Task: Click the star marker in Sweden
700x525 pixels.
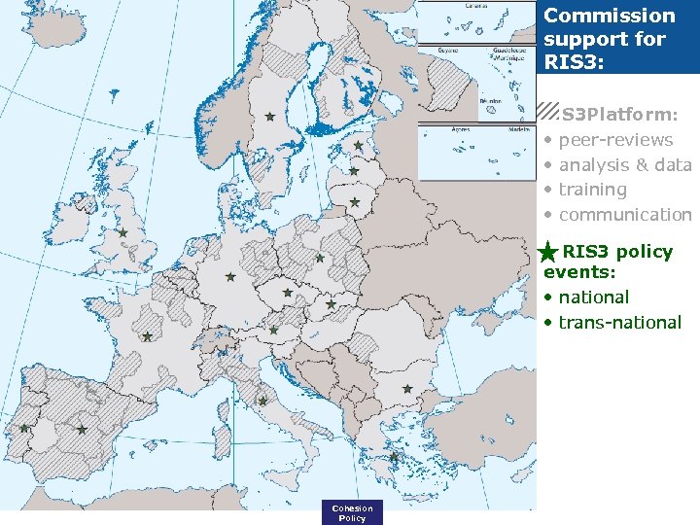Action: [x=270, y=117]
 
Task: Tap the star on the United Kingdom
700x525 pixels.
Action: [x=122, y=233]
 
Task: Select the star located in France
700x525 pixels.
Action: [x=147, y=337]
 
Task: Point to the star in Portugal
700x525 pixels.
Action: [x=24, y=428]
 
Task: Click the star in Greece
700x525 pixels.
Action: [x=394, y=457]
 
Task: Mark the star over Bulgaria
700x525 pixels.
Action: [x=406, y=389]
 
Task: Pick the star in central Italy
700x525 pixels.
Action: [x=262, y=401]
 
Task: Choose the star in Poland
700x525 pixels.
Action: [x=320, y=258]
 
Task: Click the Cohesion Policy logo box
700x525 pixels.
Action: [x=352, y=512]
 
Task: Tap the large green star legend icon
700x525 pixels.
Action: [x=548, y=253]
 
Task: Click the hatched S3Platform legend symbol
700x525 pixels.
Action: [x=548, y=113]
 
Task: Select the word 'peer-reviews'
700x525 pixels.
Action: [x=615, y=140]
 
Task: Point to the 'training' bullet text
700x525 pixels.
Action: [x=592, y=190]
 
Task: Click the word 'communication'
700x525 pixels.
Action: [x=625, y=214]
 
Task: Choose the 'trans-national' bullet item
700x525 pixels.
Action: [x=619, y=322]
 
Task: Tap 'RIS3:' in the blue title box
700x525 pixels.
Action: [x=574, y=62]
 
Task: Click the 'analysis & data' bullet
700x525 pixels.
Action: [x=624, y=164]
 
